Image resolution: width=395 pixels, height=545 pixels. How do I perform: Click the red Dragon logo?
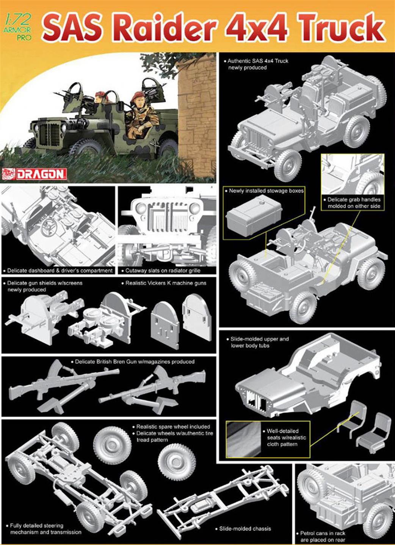tap(34, 174)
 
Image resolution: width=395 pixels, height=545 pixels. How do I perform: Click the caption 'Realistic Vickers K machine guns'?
tap(164, 283)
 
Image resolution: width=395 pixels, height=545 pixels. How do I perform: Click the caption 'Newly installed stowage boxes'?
tap(264, 191)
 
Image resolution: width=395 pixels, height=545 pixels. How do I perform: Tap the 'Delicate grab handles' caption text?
tap(352, 203)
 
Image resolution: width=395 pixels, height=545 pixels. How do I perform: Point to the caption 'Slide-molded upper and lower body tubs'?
tap(257, 342)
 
